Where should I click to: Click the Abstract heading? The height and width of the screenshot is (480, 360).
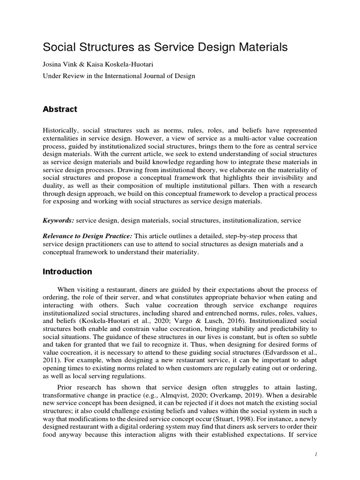click(60, 109)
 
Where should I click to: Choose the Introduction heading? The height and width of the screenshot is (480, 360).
click(67, 271)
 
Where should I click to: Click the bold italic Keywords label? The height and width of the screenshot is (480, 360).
click(59, 220)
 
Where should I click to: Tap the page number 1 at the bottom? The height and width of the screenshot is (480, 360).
click(315, 454)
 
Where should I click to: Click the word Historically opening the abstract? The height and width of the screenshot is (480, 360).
click(62, 130)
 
